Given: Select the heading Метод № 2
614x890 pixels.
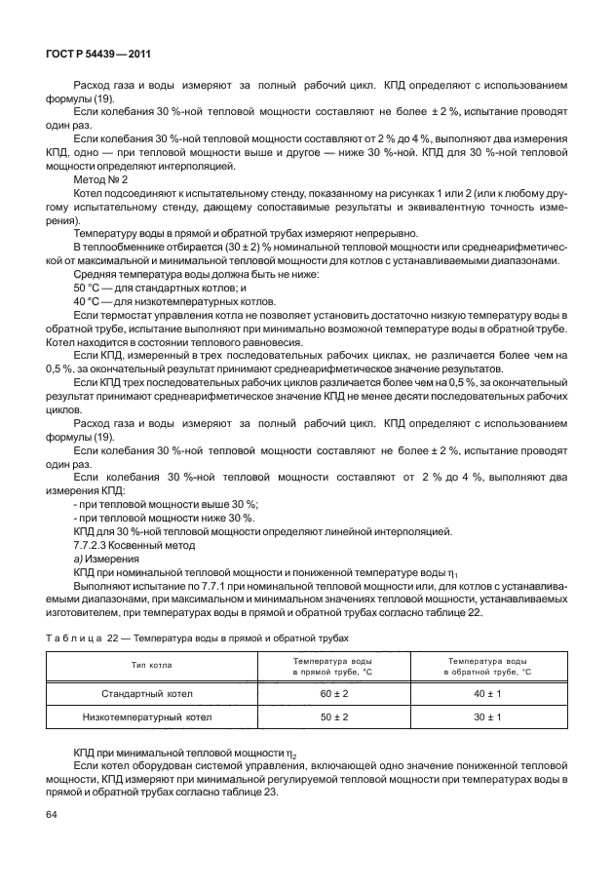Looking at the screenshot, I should (100, 180).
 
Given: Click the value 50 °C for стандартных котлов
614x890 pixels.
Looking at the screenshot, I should (89, 289).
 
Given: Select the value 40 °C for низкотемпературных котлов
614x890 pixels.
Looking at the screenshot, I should (89, 302).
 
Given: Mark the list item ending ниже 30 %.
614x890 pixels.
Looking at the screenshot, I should (150, 518).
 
